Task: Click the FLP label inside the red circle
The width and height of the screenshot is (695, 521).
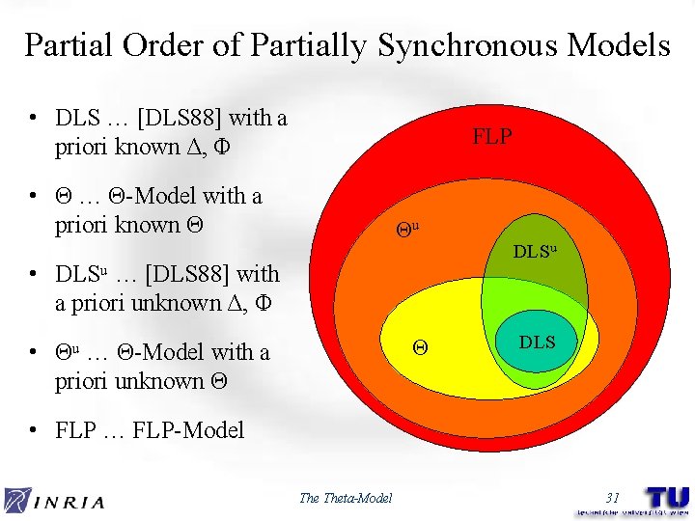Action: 491,137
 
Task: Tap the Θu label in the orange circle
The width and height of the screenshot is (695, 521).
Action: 407,230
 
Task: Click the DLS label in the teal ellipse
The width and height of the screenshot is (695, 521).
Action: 538,342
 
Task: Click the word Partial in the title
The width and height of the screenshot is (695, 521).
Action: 65,45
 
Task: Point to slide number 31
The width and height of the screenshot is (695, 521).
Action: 611,498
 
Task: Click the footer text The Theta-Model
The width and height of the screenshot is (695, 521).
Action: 346,498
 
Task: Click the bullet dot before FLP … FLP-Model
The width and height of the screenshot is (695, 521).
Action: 34,430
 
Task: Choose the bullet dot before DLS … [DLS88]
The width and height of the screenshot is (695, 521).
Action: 34,120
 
